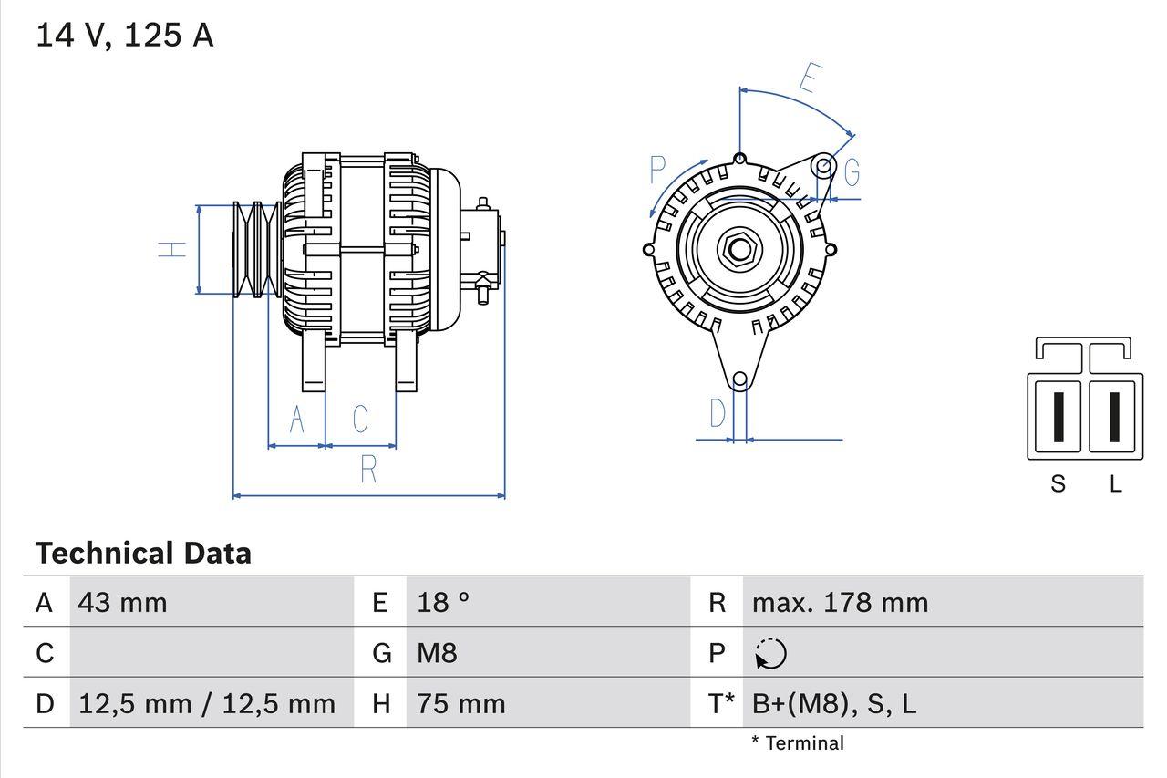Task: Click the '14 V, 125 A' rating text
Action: [125, 36]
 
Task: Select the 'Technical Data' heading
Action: [143, 553]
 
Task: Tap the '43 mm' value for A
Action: [123, 602]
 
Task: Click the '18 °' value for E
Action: [444, 602]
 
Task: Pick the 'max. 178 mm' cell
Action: [840, 602]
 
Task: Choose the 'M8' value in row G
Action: [438, 653]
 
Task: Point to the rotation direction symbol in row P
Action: [770, 653]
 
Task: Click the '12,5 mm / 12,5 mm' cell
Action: [207, 703]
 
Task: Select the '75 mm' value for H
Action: [461, 703]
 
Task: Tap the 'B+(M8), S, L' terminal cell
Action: [834, 703]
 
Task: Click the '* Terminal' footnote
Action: [798, 743]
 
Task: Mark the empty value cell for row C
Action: [210, 653]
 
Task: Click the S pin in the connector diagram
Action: [1057, 417]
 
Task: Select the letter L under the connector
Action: [1115, 484]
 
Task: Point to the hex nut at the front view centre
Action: [739, 249]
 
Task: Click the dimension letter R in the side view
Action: [368, 469]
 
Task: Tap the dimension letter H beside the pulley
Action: [172, 249]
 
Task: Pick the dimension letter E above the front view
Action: [808, 79]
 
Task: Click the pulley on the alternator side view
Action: [255, 249]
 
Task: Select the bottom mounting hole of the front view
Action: [740, 379]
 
